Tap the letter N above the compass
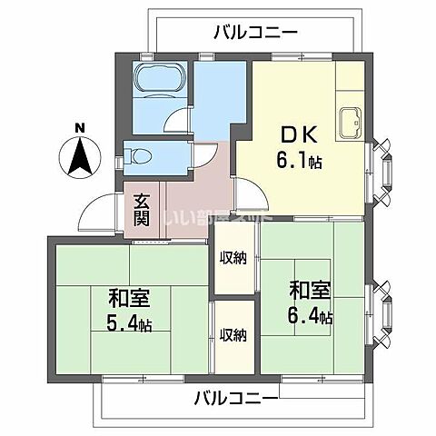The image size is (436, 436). pyautogui.click(x=80, y=127)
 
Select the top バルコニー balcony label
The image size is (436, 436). pyautogui.click(x=256, y=33)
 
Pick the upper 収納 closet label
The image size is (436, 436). pyautogui.click(x=233, y=257)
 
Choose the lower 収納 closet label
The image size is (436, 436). pyautogui.click(x=233, y=334)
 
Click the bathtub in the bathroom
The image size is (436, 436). pyautogui.click(x=159, y=84)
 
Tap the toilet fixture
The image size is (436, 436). pyautogui.click(x=139, y=155)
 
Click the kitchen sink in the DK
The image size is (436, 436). pyautogui.click(x=349, y=120)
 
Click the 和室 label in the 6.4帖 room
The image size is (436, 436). pyautogui.click(x=310, y=292)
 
